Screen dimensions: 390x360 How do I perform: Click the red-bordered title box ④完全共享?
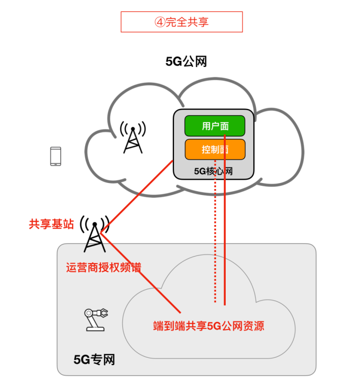pos(181,22)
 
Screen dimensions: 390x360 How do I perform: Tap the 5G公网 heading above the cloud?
pos(186,61)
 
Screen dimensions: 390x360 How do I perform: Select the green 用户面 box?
pos(215,126)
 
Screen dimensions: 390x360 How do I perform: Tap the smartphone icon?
pos(55,156)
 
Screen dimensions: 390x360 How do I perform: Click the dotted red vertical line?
pos(215,240)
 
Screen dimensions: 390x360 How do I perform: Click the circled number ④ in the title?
pos(158,22)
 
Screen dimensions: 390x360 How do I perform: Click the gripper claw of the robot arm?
pos(105,313)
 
